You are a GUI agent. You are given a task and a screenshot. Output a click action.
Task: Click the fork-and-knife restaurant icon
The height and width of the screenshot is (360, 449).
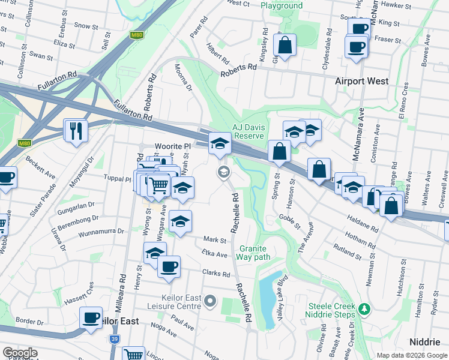[76, 131]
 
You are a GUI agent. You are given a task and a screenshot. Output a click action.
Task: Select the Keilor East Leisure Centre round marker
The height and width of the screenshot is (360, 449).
[210, 301]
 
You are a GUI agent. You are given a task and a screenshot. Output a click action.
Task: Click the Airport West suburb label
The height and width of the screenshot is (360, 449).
[362, 81]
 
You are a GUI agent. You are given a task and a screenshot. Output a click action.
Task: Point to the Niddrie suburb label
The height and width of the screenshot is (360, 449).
[425, 341]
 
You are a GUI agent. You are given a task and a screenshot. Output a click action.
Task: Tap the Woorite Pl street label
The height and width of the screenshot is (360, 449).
[172, 146]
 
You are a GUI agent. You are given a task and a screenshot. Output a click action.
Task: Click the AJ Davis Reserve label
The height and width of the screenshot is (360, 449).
[249, 131]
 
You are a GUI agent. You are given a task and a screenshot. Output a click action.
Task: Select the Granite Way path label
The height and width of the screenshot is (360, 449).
[254, 253]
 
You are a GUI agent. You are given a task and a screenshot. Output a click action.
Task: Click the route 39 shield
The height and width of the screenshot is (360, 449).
[115, 340]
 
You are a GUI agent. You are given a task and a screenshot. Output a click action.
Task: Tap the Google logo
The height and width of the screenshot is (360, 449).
[20, 353]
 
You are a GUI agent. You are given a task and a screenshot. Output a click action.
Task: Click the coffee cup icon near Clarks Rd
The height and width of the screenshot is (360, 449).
[169, 266]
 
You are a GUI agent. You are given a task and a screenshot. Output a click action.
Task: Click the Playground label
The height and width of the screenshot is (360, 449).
[282, 5]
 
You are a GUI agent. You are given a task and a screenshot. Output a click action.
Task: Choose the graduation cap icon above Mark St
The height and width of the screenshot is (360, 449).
[180, 221]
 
